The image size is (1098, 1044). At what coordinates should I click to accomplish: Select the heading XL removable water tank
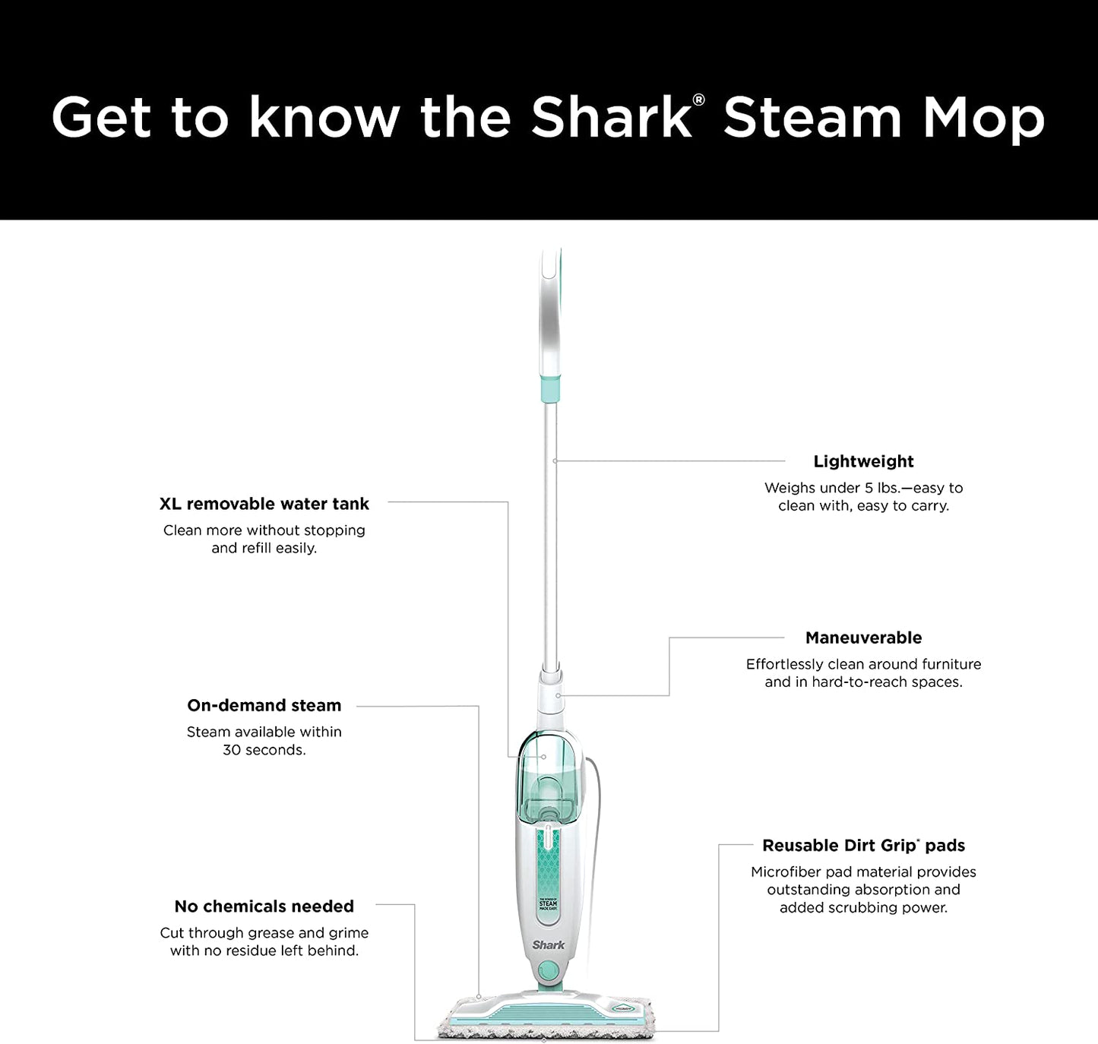[x=264, y=504]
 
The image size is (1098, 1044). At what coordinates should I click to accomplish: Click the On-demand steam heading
[x=264, y=705]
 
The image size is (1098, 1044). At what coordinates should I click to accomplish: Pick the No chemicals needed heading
[x=264, y=906]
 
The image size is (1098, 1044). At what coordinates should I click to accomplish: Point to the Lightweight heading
[x=863, y=461]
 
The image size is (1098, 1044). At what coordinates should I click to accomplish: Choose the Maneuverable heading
[x=863, y=637]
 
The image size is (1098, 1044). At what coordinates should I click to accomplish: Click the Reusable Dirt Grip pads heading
[x=863, y=845]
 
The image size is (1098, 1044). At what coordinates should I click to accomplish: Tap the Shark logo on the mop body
[x=548, y=944]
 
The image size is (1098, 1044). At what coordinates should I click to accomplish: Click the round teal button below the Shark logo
[x=549, y=969]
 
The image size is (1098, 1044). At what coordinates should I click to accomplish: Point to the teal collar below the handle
[x=549, y=389]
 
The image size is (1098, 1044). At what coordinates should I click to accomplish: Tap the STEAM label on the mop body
[x=548, y=903]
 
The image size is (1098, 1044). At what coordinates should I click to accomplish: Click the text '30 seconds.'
[x=264, y=750]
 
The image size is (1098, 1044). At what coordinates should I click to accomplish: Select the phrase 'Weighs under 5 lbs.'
[x=831, y=488]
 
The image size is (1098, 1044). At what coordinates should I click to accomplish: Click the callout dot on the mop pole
[x=555, y=461]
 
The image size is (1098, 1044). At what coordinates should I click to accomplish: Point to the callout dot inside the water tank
[x=543, y=757]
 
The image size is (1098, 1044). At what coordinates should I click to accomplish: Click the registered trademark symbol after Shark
[x=698, y=100]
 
